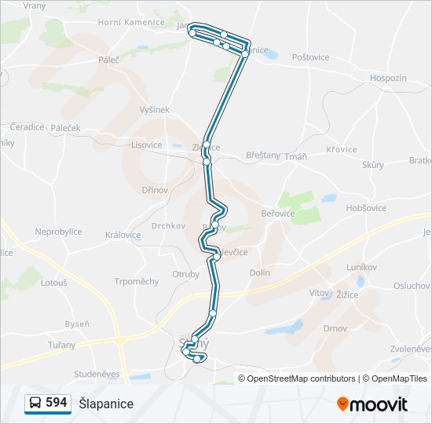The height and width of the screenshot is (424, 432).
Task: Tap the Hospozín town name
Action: [x=388, y=78]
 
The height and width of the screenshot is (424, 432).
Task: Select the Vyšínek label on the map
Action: [x=154, y=110]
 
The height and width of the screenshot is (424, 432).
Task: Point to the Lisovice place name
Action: [x=147, y=144]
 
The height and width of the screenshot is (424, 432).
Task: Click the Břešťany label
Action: [x=262, y=155]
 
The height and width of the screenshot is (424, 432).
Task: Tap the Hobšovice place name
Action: [x=366, y=207]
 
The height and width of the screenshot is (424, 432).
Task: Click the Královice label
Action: [x=123, y=235]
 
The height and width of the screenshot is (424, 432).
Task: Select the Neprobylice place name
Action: [x=58, y=232]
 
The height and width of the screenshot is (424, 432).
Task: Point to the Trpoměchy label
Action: [x=137, y=282]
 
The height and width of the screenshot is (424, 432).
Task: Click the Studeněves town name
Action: [x=97, y=374]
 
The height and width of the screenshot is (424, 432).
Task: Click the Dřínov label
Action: [x=155, y=190]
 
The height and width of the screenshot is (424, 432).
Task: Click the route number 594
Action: [x=56, y=403]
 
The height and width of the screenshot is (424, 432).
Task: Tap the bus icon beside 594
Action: [x=35, y=404]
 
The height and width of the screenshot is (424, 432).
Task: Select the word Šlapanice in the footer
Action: [x=106, y=404]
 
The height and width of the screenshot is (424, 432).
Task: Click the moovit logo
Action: [x=372, y=404]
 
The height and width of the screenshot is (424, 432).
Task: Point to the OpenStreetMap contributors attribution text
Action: [x=301, y=378]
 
